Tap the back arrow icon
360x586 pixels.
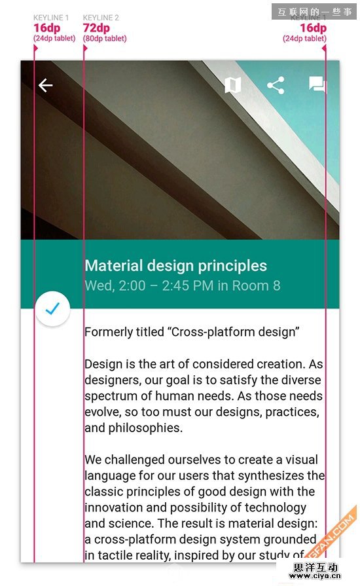tap(45, 85)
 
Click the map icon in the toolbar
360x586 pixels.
tap(232, 85)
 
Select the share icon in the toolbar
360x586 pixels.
tap(276, 85)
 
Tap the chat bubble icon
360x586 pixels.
tap(317, 85)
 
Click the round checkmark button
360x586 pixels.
tap(53, 308)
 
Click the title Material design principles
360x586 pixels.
tap(175, 266)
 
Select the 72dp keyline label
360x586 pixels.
tap(96, 28)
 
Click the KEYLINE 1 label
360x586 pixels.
tap(51, 18)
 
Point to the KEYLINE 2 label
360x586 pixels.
tap(101, 18)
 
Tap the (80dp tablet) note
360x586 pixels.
tap(105, 39)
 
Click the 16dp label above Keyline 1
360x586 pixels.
tap(46, 28)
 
